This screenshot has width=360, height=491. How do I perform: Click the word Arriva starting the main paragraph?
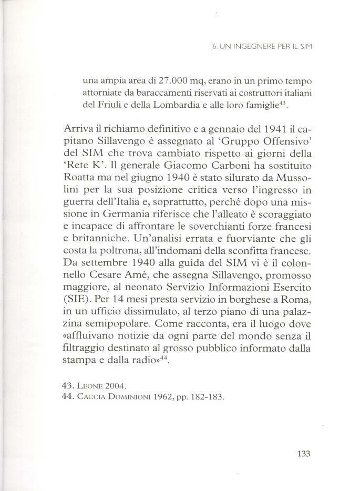pos(79,129)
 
